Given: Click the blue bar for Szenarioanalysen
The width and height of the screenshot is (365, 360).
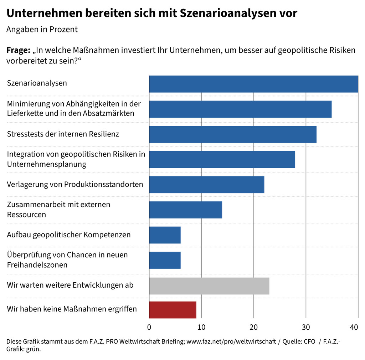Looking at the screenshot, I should pos(253,84).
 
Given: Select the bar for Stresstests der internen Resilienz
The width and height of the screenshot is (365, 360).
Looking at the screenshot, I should pos(232,134).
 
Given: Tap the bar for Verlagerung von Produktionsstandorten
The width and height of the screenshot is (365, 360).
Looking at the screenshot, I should pos(206,185).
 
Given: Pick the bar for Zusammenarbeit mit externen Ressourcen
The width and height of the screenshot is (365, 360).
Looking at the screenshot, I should pos(185,210).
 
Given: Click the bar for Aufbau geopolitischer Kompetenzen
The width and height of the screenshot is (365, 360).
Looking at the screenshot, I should pos(165,235).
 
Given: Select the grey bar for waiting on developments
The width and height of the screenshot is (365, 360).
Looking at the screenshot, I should pos(209,286).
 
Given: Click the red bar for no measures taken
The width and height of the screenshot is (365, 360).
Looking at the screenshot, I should pos(173,310).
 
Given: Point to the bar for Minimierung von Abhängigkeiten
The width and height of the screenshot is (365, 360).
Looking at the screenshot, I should pos(240,109).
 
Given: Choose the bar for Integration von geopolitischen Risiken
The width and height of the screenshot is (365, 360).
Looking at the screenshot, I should pos(222,159).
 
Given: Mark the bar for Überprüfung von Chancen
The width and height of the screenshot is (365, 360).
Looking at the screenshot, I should pos(165,260).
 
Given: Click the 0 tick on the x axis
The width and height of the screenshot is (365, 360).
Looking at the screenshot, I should pos(149,327).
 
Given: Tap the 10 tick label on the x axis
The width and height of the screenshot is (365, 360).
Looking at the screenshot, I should pos(201,327).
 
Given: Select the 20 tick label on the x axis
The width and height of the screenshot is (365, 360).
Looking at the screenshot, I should pos(253,327).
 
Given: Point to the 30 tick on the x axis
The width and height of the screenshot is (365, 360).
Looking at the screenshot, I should pos(306,327).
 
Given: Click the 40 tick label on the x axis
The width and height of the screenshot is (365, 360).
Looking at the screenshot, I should pos(354,327).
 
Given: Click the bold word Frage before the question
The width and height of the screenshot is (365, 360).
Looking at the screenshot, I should pos(18,50).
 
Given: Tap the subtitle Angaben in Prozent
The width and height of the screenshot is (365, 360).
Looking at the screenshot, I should pos(42,30).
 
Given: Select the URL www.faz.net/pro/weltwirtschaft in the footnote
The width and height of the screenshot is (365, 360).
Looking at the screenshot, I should pos(231,341).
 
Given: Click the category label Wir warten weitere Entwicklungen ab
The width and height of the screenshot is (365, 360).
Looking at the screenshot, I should pos(70,286).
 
